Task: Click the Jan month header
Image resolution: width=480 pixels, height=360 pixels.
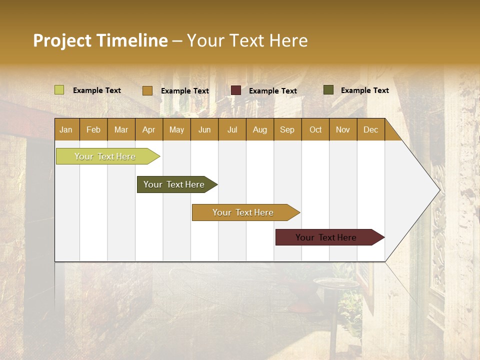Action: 66,129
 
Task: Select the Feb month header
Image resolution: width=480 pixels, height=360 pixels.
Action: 93,129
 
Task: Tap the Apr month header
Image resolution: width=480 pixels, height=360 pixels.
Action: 149,129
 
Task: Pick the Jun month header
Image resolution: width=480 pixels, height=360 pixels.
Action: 204,129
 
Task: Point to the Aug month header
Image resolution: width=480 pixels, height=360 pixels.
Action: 260,129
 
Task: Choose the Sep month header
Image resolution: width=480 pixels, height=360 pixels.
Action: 287,129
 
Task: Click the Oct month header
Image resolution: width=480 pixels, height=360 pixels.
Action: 315,129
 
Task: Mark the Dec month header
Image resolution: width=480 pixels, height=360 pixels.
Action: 371,129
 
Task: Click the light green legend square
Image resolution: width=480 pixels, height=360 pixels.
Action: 59,90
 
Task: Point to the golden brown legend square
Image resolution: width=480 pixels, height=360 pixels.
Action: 147,90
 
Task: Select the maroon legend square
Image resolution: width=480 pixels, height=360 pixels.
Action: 236,90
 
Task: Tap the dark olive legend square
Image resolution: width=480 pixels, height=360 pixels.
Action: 328,90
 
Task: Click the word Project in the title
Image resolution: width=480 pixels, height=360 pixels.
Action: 62,40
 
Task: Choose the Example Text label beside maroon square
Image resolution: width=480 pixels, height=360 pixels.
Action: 273,91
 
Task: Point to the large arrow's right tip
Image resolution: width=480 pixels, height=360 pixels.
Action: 439,190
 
